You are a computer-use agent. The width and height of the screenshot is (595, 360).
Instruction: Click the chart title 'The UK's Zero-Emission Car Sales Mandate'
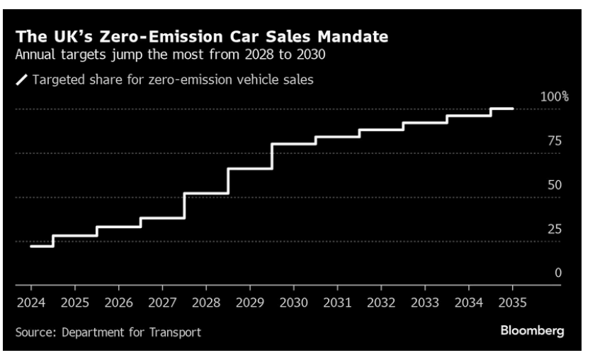202,37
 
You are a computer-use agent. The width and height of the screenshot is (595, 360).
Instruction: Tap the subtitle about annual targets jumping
171,55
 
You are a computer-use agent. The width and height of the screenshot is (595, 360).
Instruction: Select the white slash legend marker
22,80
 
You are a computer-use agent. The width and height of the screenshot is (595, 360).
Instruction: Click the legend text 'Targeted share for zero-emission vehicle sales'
173,80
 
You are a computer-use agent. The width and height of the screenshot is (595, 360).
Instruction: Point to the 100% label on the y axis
555,96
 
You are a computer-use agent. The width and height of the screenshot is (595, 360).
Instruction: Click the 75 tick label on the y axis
555,141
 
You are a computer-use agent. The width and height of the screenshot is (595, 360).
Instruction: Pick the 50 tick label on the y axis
555,185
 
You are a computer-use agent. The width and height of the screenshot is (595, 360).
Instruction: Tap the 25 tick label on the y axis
555,229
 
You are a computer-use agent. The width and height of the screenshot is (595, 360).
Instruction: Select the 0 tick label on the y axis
558,273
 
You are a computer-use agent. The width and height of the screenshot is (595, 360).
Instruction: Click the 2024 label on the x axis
31,303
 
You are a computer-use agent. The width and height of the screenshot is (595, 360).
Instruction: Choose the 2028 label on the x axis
206,303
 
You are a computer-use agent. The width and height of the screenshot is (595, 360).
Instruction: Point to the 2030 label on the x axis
294,303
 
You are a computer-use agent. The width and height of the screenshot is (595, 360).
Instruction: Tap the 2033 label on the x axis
425,303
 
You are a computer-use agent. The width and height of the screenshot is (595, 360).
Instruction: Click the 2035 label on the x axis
513,303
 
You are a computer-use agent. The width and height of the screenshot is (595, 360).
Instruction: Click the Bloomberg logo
532,331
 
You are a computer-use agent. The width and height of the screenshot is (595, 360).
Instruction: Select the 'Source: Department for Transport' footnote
108,332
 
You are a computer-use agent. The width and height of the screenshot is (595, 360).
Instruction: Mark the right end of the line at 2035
513,108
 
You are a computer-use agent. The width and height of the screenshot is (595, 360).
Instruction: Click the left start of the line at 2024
31,246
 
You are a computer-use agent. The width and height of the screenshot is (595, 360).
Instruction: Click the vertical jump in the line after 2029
272,157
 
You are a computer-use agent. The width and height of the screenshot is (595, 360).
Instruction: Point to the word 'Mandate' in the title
353,37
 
